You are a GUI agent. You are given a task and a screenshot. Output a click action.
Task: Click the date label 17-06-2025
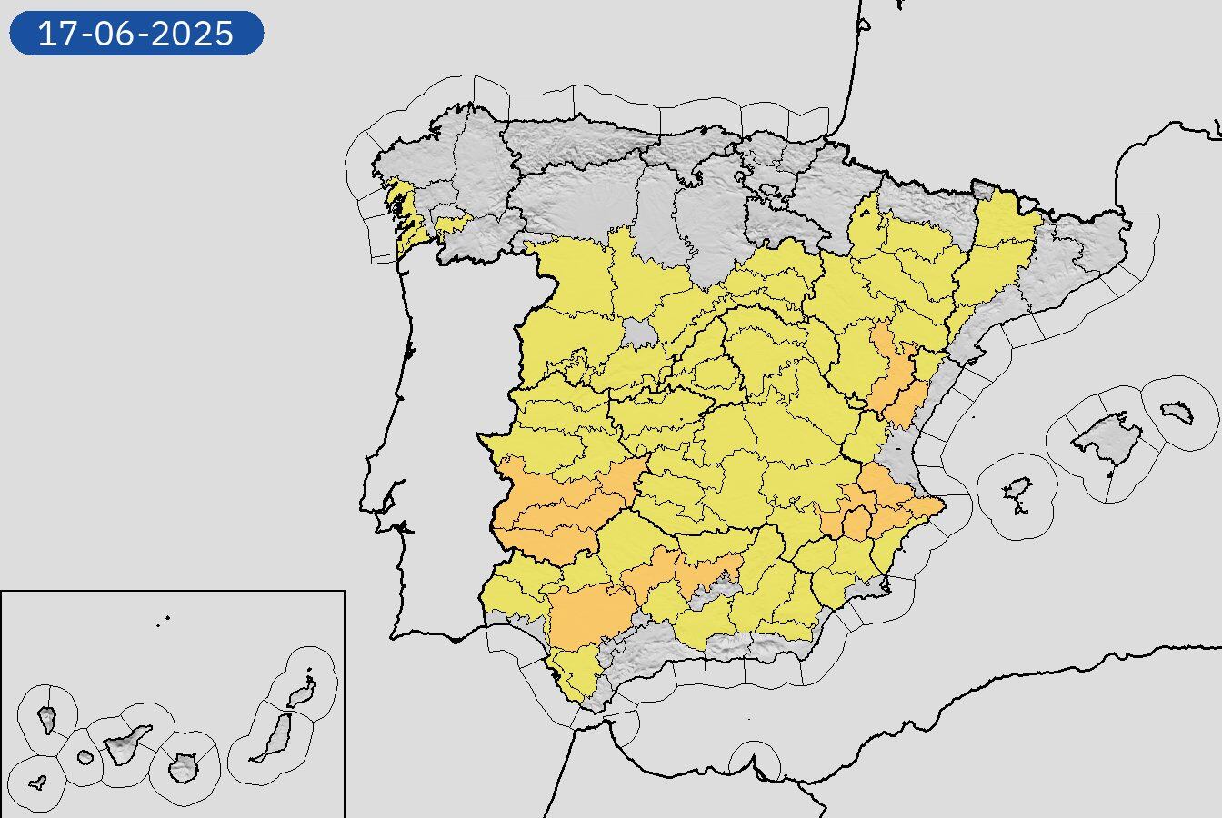[136, 34]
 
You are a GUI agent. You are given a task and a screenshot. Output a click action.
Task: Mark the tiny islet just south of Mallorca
[1110, 472]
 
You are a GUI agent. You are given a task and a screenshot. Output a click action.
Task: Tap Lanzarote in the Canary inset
[299, 696]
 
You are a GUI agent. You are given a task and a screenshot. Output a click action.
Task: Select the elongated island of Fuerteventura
[273, 736]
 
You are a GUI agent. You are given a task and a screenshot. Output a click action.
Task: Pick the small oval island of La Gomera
[85, 757]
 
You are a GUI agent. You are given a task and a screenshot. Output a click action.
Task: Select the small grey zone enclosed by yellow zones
[640, 334]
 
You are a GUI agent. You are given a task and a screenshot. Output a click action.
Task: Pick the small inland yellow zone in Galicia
[452, 224]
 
